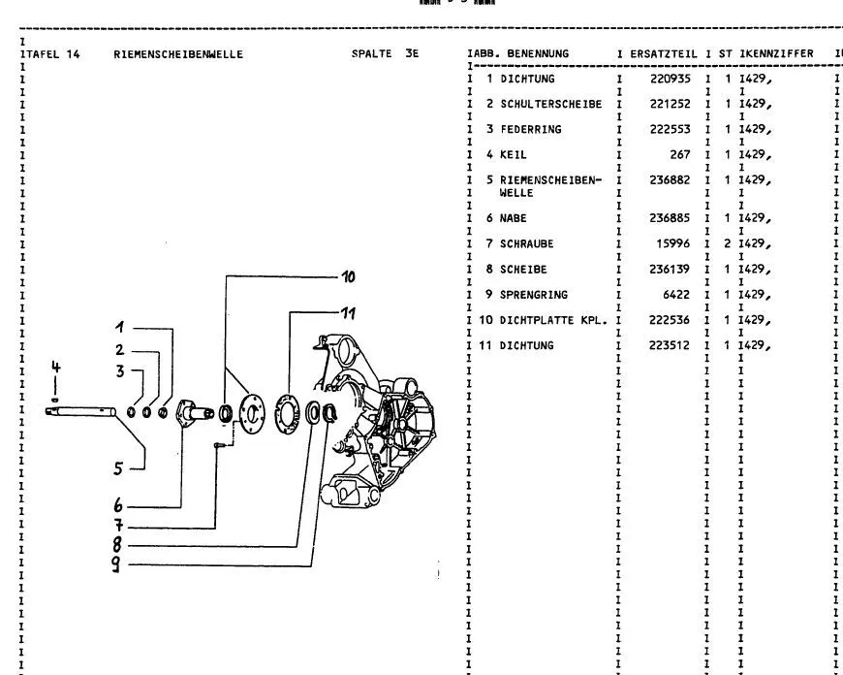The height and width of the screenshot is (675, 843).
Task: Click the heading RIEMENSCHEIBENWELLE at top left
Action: coord(178,54)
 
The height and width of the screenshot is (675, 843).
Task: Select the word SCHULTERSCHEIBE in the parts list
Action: coord(550,104)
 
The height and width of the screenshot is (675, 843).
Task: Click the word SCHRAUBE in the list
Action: coord(526,243)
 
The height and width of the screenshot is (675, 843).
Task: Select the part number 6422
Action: coord(676,294)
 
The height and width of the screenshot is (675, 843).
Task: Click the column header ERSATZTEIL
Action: coord(663,53)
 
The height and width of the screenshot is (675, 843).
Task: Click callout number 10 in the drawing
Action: coord(348,276)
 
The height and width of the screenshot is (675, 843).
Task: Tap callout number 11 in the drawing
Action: coord(348,312)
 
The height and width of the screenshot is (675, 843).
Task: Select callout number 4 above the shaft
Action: coord(56,367)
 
